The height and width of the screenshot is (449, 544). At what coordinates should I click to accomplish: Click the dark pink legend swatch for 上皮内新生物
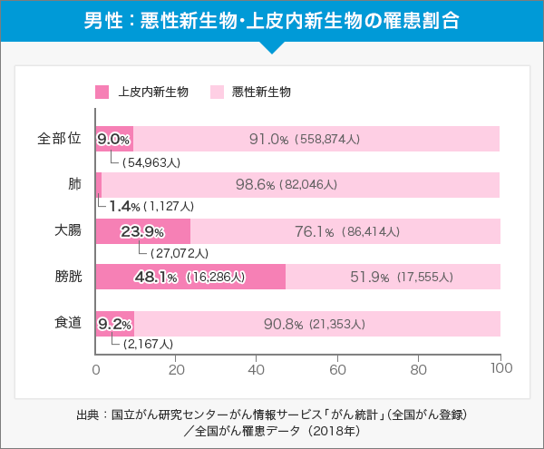pos(102,92)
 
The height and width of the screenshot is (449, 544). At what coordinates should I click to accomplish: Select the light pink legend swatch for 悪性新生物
pos(217,92)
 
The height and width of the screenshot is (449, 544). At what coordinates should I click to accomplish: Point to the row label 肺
pos(74,184)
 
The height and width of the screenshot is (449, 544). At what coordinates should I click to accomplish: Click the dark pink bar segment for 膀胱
pos(190,277)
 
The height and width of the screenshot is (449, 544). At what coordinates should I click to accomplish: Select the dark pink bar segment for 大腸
pos(142,230)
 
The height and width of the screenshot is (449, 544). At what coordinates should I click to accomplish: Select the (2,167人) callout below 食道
pos(147,345)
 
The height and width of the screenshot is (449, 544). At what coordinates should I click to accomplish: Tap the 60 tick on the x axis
pos(338,369)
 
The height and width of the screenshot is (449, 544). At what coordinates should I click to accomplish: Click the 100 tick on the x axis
pos(500,369)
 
